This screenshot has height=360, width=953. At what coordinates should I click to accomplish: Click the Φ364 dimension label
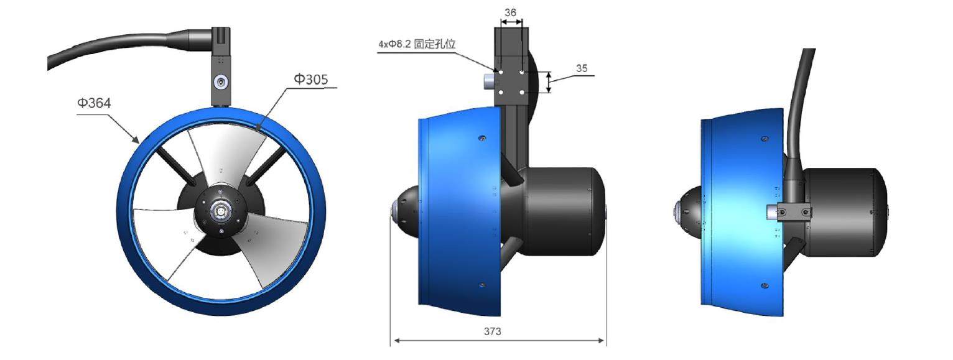pyautogui.click(x=94, y=103)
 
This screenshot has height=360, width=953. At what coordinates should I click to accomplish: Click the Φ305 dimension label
pyautogui.click(x=310, y=79)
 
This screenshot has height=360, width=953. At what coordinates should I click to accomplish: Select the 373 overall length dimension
pyautogui.click(x=492, y=331)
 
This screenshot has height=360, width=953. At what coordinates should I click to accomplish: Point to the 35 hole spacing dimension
pyautogui.click(x=581, y=68)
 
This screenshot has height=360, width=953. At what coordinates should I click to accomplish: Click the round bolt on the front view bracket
pyautogui.click(x=221, y=82)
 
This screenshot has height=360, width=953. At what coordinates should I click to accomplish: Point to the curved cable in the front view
pyautogui.click(x=112, y=45)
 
